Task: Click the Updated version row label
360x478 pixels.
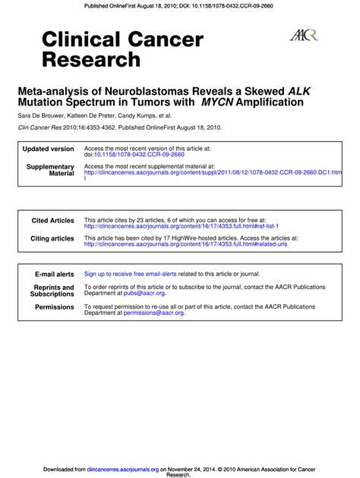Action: (49, 149)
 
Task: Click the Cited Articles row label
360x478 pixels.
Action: (52, 220)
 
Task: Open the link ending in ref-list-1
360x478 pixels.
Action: (181, 226)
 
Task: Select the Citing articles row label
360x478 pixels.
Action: (52, 238)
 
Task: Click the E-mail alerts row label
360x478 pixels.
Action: (55, 274)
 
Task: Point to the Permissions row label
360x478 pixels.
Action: (55, 307)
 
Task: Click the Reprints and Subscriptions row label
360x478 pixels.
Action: (52, 291)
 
